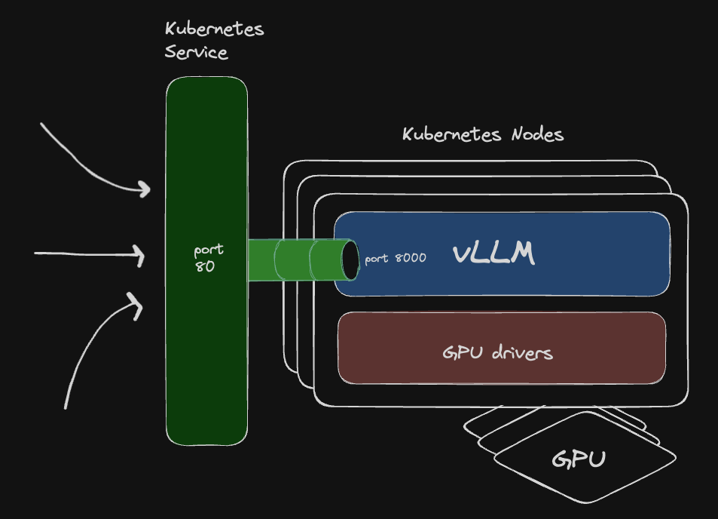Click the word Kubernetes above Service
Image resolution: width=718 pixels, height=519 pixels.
(x=214, y=30)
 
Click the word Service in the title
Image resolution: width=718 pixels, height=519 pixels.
(x=196, y=53)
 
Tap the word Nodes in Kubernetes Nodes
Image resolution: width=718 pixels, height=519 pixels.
(x=536, y=135)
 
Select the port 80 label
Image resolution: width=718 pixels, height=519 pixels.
(x=207, y=257)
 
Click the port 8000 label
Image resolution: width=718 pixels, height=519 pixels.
(x=396, y=259)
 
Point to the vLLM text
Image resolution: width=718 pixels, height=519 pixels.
(x=493, y=255)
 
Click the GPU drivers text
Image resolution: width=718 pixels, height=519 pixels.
(x=497, y=352)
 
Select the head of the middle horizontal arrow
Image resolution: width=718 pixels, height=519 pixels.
(x=141, y=255)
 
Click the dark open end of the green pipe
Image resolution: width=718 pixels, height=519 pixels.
(x=351, y=259)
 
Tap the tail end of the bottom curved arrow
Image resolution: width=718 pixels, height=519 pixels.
(x=66, y=407)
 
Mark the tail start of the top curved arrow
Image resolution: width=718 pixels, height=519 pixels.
(x=41, y=124)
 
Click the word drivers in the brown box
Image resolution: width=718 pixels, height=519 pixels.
(x=522, y=352)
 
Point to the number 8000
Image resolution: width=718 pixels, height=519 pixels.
(x=410, y=259)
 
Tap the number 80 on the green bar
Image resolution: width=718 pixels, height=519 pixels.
(x=205, y=266)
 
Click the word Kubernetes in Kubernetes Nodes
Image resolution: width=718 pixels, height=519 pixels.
(x=452, y=135)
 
